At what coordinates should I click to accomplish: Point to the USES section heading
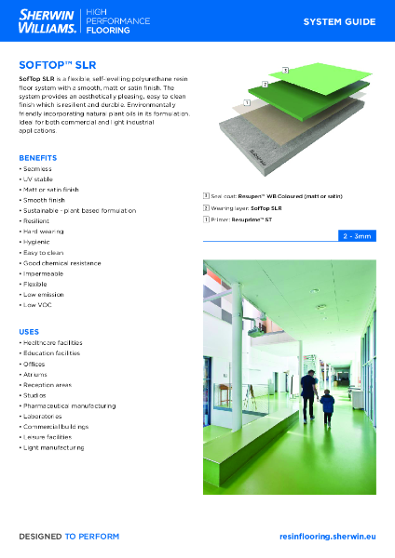(29, 331)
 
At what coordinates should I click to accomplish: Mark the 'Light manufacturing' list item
(52, 447)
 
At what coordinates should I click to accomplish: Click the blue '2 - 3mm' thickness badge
(356, 237)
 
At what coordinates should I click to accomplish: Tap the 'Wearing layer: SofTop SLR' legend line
(246, 208)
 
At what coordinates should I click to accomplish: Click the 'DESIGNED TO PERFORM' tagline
(69, 537)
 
